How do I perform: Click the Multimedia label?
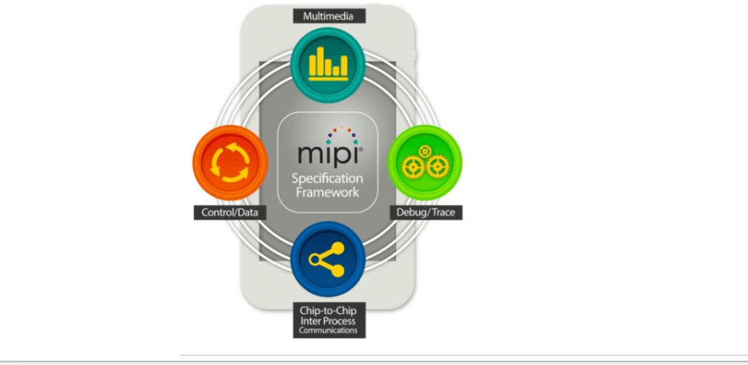pos(329,16)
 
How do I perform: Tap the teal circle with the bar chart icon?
pos(328,65)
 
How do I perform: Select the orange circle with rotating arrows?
pos(230,163)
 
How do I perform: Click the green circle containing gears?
pos(424,163)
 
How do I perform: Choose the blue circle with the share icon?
pos(328,259)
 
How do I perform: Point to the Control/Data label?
pos(230,213)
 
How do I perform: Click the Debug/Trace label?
pos(426,213)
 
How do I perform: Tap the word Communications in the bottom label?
pos(328,330)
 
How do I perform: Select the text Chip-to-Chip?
pos(328,310)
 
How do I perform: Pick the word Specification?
pos(327,180)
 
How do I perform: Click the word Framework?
pos(327,192)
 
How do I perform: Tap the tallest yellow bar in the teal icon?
pos(320,60)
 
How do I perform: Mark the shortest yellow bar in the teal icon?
pos(337,71)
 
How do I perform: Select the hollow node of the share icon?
pos(314,259)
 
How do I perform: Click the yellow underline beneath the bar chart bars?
pos(329,79)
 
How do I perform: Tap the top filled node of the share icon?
pos(337,248)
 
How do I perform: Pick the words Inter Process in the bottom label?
pos(328,321)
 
